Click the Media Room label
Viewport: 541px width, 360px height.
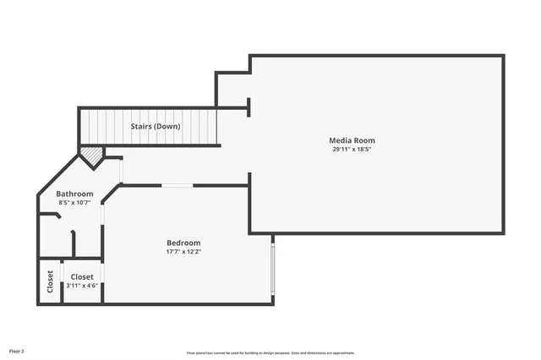352,140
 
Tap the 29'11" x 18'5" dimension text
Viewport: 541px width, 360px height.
352,150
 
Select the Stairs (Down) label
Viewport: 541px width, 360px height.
155,127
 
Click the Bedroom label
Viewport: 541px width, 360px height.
183,243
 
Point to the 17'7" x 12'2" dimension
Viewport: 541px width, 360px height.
183,252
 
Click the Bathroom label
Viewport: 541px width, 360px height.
74,194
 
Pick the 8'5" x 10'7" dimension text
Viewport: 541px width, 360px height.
74,203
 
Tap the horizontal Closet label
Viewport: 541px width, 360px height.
82,276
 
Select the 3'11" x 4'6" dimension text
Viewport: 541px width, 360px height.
82,286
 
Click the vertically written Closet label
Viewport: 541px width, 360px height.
50,281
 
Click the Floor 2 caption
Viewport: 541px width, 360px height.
17,350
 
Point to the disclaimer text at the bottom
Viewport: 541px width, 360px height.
270,353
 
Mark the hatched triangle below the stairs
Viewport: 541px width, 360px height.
91,155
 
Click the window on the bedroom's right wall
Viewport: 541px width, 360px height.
272,266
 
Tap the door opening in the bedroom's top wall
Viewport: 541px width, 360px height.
178,185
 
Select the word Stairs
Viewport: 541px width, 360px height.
141,127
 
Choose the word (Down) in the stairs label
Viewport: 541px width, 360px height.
167,127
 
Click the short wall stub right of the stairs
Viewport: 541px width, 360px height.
248,106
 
